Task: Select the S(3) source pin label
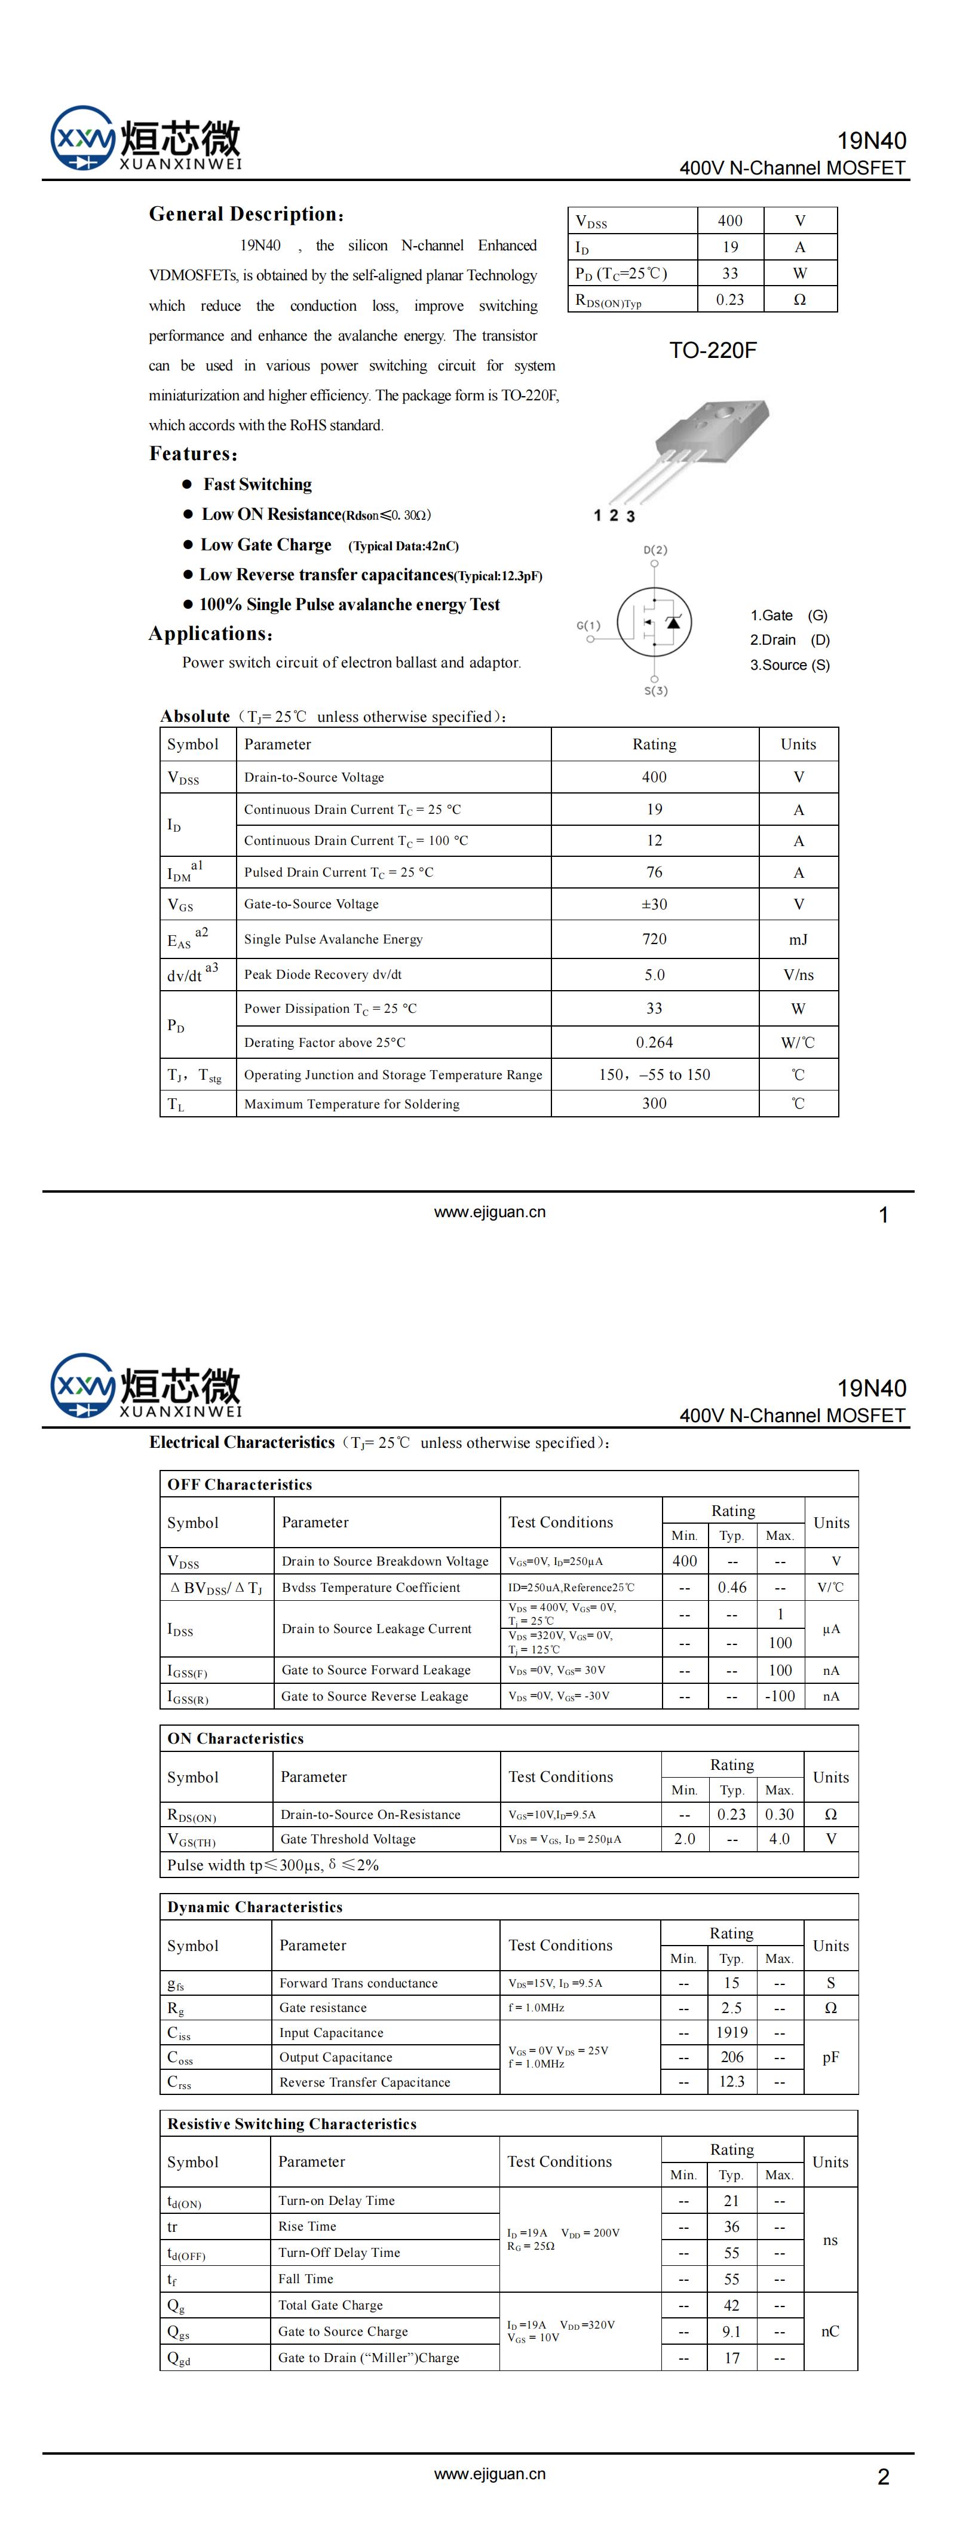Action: pyautogui.click(x=655, y=691)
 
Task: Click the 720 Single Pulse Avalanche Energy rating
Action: pyautogui.click(x=654, y=939)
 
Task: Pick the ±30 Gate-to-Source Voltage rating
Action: pyautogui.click(x=654, y=904)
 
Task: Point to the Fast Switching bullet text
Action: pyautogui.click(x=257, y=484)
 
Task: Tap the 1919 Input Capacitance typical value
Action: pyautogui.click(x=731, y=2032)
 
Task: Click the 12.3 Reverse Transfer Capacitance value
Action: pyautogui.click(x=731, y=2081)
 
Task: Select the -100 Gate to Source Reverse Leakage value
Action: pyautogui.click(x=780, y=1696)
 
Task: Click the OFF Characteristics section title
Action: pyautogui.click(x=239, y=1484)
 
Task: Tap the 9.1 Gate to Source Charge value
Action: pyautogui.click(x=731, y=2331)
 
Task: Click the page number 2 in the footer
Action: pyautogui.click(x=883, y=2477)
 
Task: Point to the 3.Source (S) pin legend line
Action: pyautogui.click(x=790, y=665)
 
